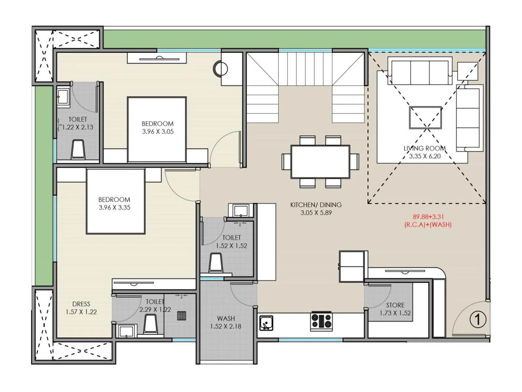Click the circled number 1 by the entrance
(x=478, y=319)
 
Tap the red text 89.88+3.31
(x=428, y=217)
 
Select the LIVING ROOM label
(x=424, y=148)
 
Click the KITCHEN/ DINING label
(x=316, y=205)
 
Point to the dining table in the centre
(x=320, y=162)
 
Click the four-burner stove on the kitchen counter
(x=321, y=321)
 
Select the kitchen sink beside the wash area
(x=266, y=323)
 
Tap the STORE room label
(x=395, y=305)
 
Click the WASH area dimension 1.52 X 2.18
(x=225, y=326)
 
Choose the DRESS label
(x=81, y=304)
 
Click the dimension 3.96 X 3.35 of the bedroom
(x=114, y=207)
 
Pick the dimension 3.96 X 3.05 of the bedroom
(x=158, y=132)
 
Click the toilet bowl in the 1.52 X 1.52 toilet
(x=216, y=263)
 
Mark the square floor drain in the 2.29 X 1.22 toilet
(x=181, y=316)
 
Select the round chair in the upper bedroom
(x=221, y=69)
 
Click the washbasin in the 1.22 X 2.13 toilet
(x=63, y=97)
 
